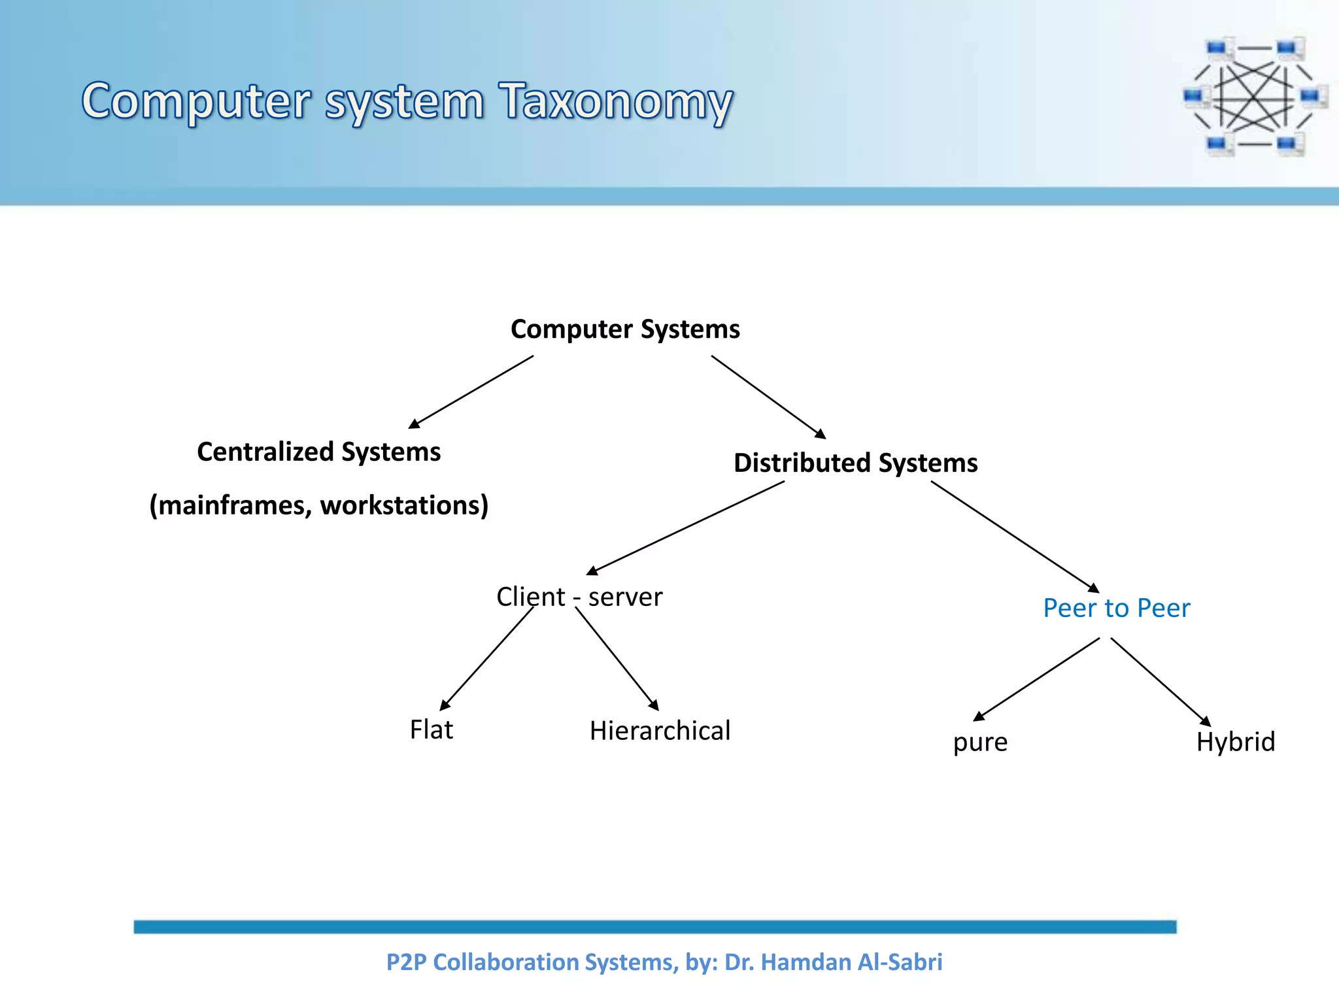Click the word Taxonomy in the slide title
click(x=615, y=103)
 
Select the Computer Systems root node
click(x=625, y=329)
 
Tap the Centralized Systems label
click(x=318, y=452)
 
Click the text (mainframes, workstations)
click(x=318, y=505)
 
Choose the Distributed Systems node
click(x=855, y=463)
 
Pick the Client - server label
click(x=579, y=597)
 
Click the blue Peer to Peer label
click(x=1116, y=608)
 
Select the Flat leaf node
click(x=431, y=729)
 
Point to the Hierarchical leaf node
click(x=660, y=731)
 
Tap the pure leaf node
click(x=980, y=743)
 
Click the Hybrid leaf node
click(x=1235, y=742)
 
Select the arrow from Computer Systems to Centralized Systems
click(x=471, y=392)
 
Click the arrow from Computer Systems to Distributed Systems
click(x=768, y=397)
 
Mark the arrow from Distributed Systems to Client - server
click(x=685, y=528)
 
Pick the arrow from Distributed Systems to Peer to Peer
click(x=1015, y=537)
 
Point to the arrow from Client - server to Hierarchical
click(x=617, y=659)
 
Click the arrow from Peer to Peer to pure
click(x=1037, y=679)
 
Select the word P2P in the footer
click(x=406, y=962)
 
